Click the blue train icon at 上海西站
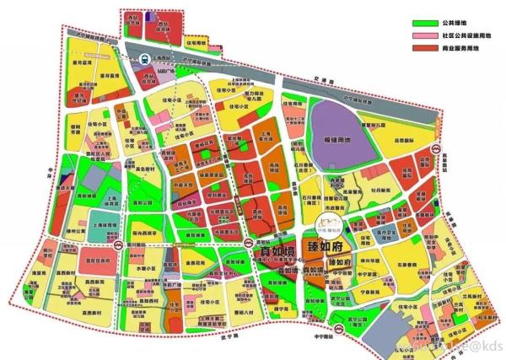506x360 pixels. (x=146, y=59)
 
